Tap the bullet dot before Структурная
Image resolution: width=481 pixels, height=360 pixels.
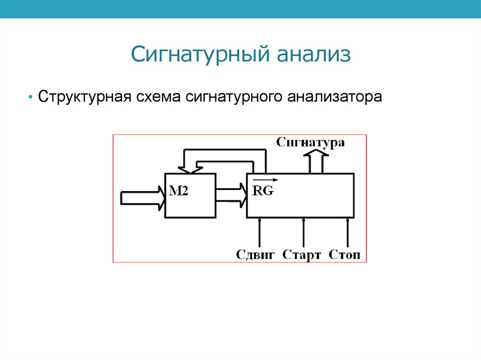30,98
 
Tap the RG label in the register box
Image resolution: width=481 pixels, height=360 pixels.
263,191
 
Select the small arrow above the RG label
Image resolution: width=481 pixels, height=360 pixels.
265,179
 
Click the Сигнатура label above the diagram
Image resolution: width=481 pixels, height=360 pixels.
310,142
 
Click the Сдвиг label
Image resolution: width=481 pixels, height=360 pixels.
256,255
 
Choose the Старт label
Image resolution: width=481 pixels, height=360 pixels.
302,255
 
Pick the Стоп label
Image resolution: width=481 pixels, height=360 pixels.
345,255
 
